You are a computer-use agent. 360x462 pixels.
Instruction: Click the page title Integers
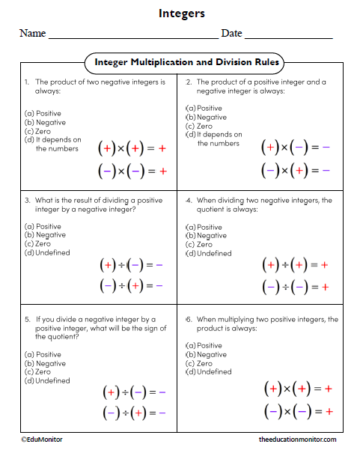click(181, 13)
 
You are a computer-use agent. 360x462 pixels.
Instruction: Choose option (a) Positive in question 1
click(43, 114)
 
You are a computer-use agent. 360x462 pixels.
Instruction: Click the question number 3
click(27, 201)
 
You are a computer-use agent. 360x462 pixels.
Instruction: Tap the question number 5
click(27, 319)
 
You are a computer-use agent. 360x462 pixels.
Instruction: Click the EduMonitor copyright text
click(42, 440)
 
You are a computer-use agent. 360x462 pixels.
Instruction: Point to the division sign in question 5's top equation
click(124, 392)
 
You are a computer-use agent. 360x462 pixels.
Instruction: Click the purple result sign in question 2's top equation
click(326, 148)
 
